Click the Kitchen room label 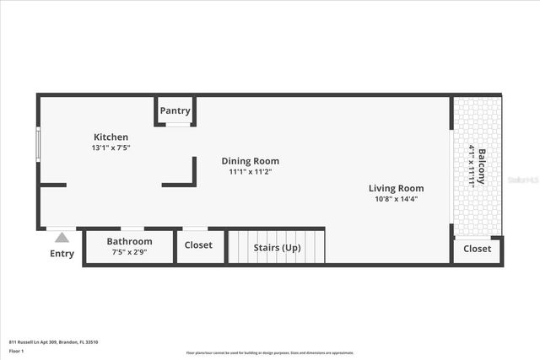coord(111,137)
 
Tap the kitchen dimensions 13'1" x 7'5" coord(111,148)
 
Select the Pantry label coord(175,110)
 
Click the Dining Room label coord(250,161)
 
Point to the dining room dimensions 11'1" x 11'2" coord(250,172)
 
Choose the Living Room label coord(396,188)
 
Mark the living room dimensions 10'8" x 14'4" coord(396,199)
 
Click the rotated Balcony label coord(482,167)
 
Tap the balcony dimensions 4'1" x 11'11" coord(471,167)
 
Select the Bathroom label coord(129,241)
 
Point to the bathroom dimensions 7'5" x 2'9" coord(129,251)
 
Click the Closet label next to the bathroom coord(199,245)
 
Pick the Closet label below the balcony coord(477,249)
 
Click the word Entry coord(62,253)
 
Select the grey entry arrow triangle coord(62,239)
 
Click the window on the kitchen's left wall coord(38,142)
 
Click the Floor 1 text coord(17,350)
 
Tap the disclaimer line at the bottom coord(270,353)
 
